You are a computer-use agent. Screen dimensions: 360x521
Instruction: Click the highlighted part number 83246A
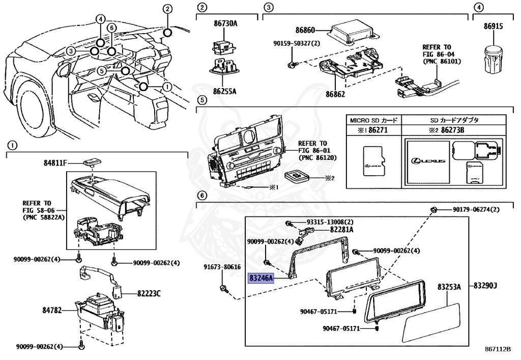tap(262, 278)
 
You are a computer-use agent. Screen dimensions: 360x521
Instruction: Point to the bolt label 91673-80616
tap(222, 267)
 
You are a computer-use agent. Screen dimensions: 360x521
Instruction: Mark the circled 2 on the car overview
tap(168, 9)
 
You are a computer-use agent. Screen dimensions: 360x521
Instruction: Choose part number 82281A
tap(341, 230)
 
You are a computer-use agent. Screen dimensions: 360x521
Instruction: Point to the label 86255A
tap(225, 92)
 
